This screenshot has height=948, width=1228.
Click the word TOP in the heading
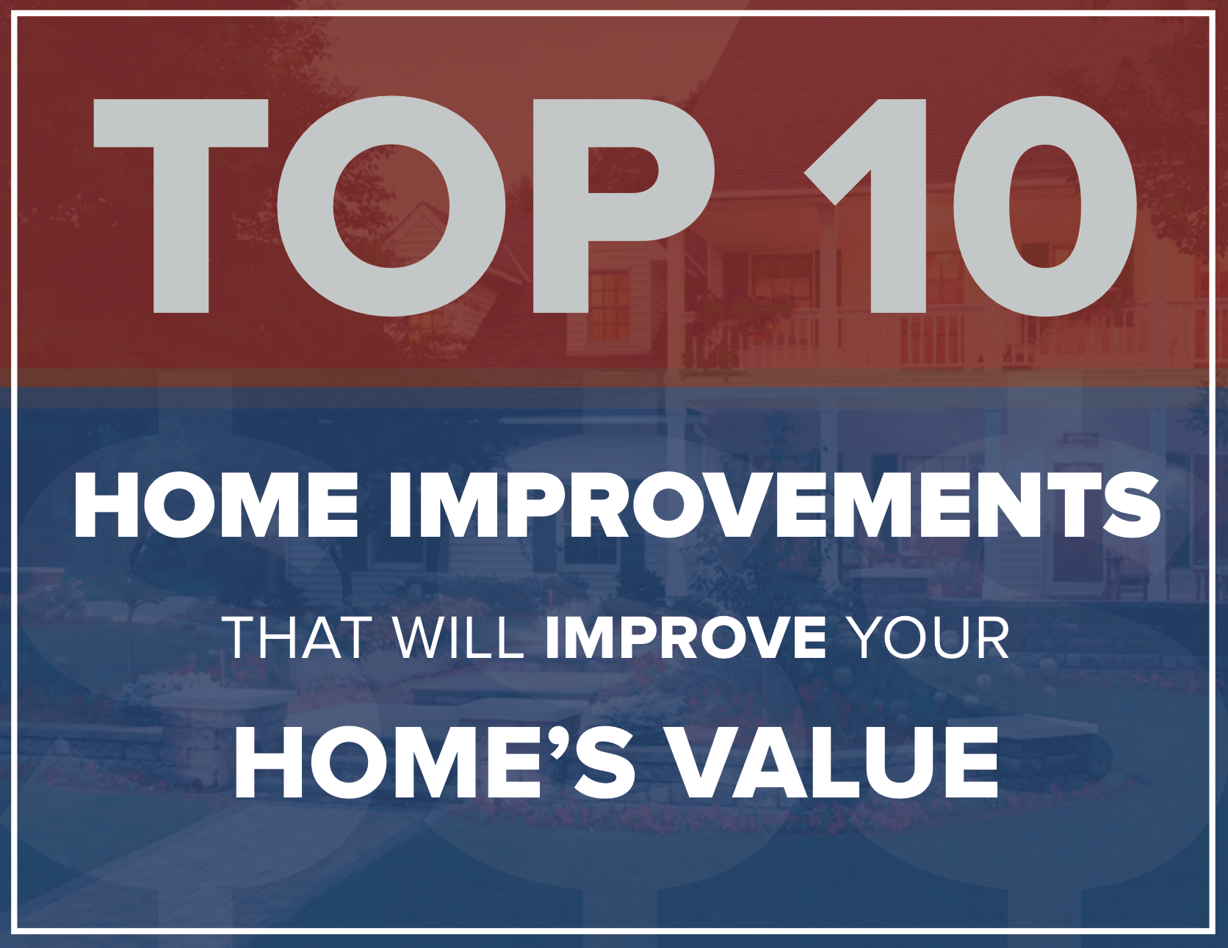(404, 206)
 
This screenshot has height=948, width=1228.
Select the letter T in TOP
(181, 206)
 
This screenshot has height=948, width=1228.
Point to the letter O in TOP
(392, 206)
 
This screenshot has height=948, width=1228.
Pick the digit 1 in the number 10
(867, 206)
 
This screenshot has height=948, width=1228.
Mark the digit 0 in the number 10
(1045, 206)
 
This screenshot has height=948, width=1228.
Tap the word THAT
(297, 637)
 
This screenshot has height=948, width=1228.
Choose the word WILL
(459, 637)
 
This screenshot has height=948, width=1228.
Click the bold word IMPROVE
(686, 637)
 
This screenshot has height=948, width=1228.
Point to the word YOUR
(928, 637)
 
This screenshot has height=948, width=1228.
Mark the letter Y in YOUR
(867, 637)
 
